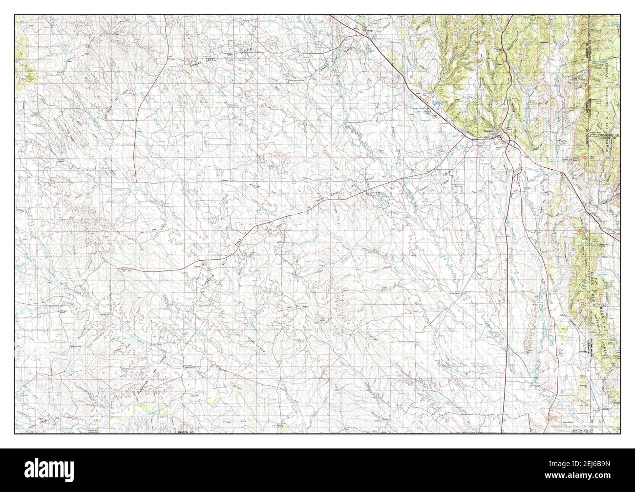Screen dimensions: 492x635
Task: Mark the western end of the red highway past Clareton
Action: point(120,268)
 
